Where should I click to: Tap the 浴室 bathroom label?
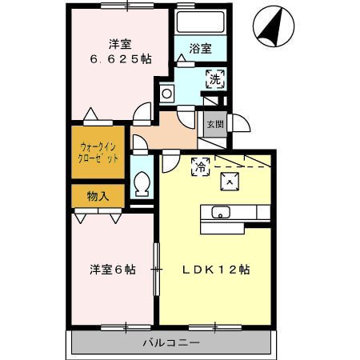click(x=201, y=48)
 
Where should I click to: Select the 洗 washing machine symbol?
click(x=214, y=78)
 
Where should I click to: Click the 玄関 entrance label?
click(x=214, y=124)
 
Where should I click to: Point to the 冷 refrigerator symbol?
click(x=200, y=166)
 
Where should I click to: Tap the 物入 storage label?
click(x=98, y=195)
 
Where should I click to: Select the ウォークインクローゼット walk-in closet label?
click(x=98, y=152)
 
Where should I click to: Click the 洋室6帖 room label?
click(x=112, y=269)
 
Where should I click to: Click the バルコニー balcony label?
click(x=171, y=342)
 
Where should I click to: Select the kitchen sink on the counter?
click(x=221, y=212)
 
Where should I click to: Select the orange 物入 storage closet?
click(x=98, y=195)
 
